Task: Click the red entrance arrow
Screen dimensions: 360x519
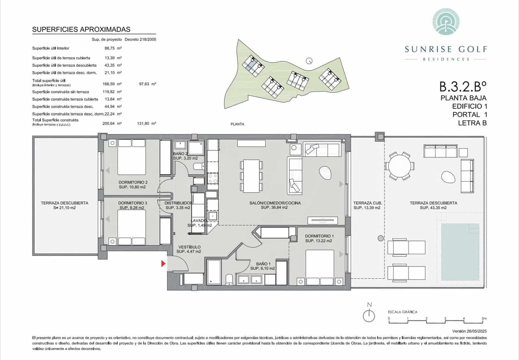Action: pos(163,264)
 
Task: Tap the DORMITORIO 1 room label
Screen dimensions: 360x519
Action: pos(319,236)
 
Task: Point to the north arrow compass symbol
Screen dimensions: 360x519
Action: pos(369,315)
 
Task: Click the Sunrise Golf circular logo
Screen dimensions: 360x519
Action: pos(446,22)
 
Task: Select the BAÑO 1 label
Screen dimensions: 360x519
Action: pos(263,264)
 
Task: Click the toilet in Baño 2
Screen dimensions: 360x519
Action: pos(198,166)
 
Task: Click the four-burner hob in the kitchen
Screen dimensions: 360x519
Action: pos(213,178)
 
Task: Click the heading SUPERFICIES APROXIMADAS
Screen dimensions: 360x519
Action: pos(81,29)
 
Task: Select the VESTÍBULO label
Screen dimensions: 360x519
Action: pos(189,247)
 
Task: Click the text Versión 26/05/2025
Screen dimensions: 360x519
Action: pos(469,331)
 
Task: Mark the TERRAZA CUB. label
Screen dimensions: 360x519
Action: pos(368,203)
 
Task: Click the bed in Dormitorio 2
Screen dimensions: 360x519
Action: pos(131,157)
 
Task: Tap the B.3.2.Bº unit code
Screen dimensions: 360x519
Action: pos(463,87)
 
